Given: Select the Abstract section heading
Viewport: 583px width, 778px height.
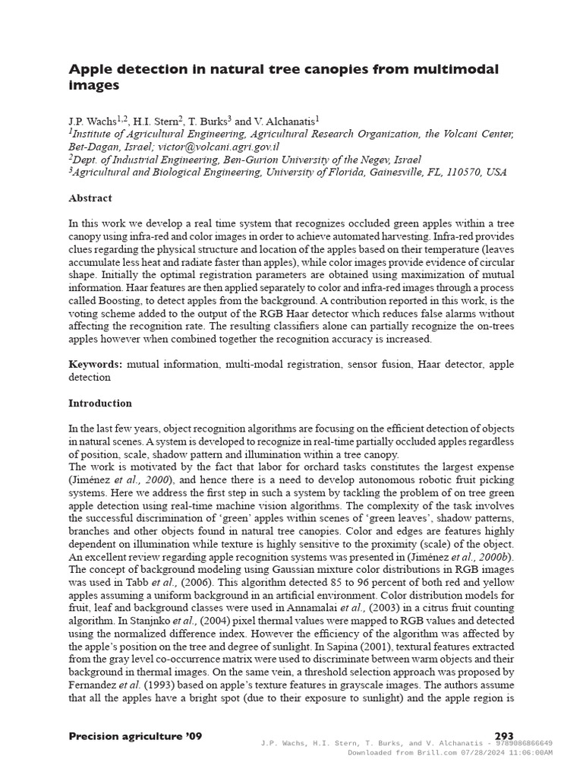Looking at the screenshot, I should (90, 198).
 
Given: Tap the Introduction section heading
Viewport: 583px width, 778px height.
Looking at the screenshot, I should (100, 403).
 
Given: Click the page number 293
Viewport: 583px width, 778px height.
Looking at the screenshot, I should (504, 736).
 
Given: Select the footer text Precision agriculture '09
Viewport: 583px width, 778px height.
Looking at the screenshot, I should (135, 736).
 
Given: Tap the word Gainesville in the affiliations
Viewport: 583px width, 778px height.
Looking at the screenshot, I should (410, 172).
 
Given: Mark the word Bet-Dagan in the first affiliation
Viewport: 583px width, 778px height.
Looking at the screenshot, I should (92, 147).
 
